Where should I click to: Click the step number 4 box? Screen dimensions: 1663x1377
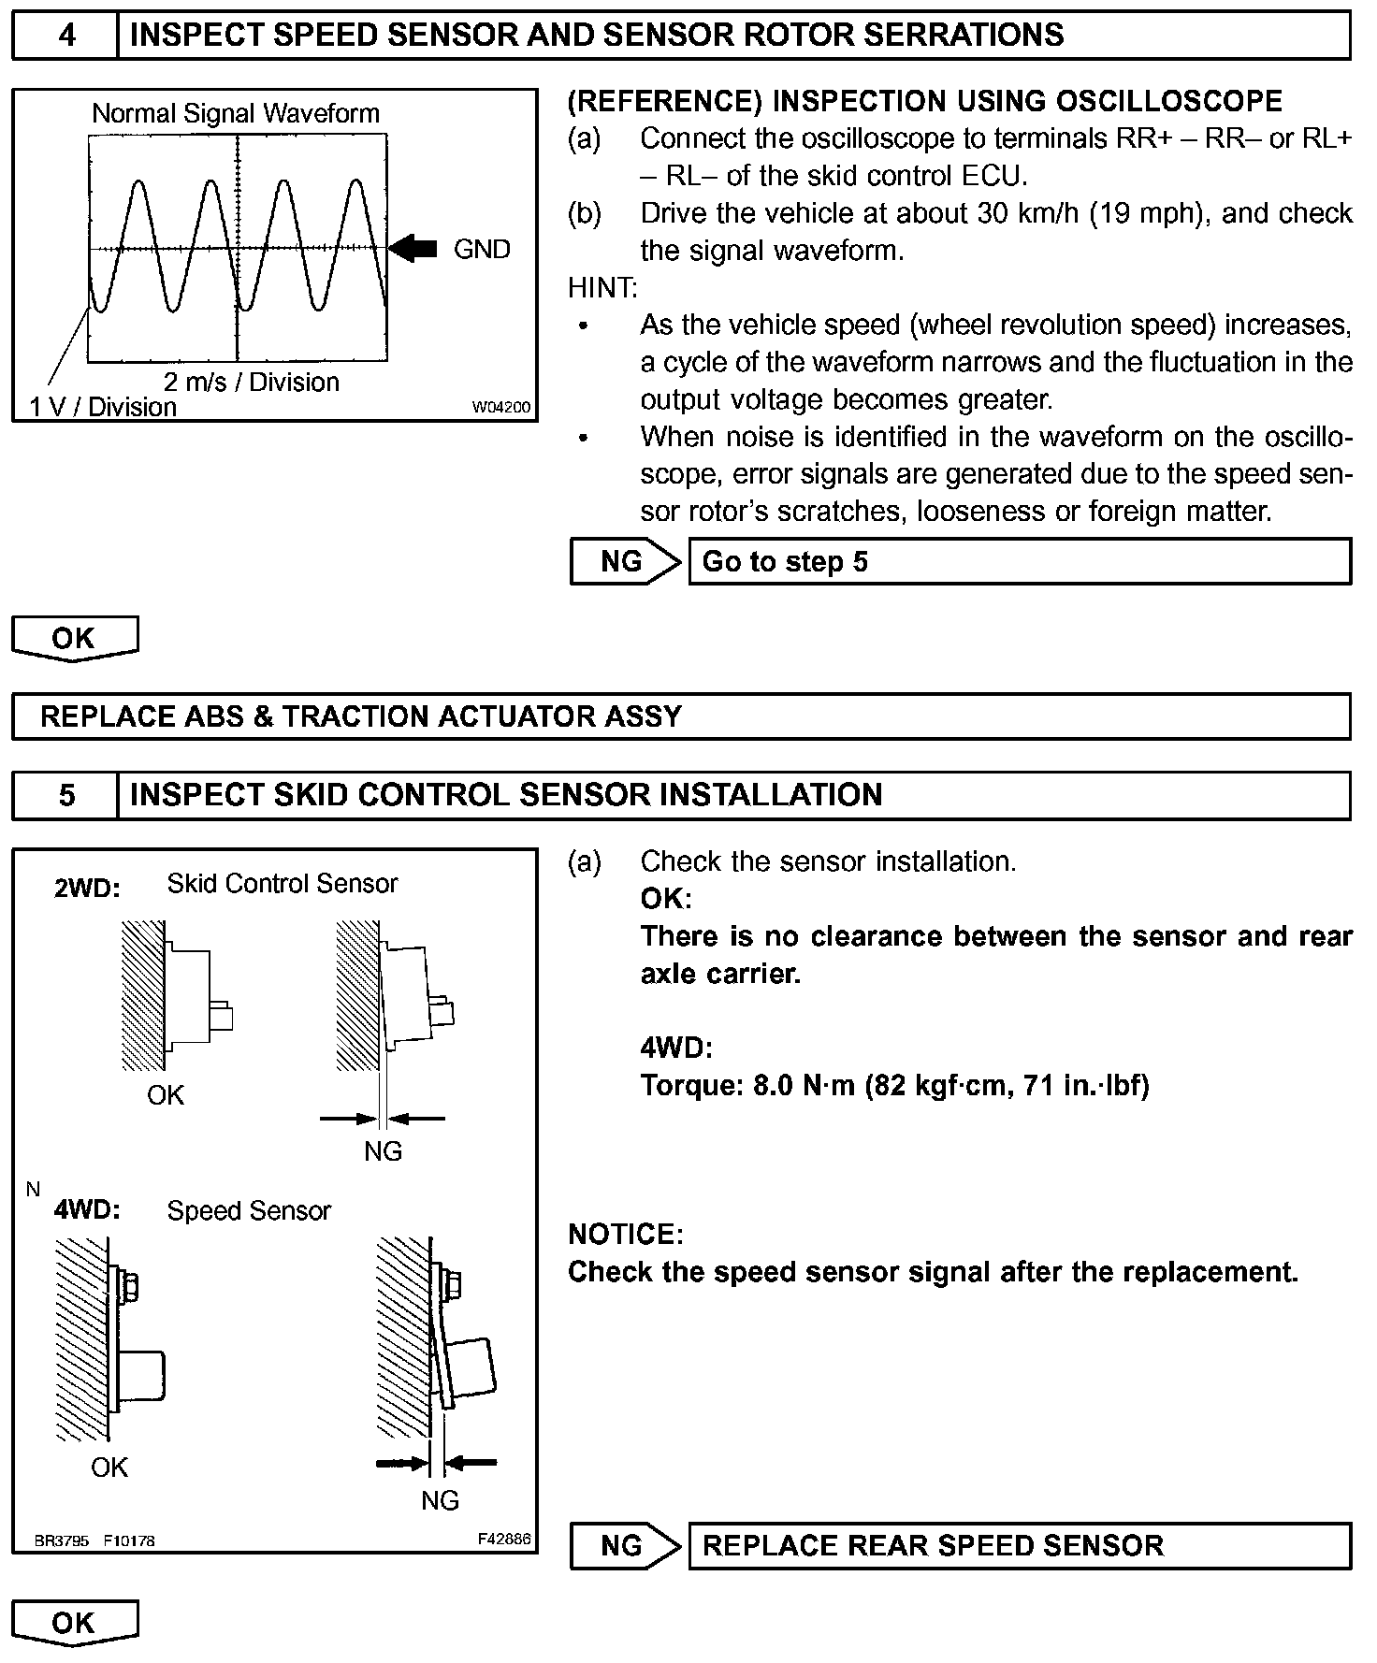pyautogui.click(x=65, y=36)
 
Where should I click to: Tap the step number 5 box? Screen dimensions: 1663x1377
pyautogui.click(x=65, y=795)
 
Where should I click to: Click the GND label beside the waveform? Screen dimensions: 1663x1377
pyautogui.click(x=482, y=250)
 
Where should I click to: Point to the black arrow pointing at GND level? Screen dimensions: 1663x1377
pyautogui.click(x=413, y=249)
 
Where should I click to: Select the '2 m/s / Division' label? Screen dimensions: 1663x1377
pyautogui.click(x=251, y=382)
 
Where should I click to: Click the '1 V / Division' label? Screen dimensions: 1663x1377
pyautogui.click(x=103, y=407)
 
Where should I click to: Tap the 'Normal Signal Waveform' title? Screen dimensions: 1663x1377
pyautogui.click(x=236, y=114)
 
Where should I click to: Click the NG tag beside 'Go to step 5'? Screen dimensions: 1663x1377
pyautogui.click(x=623, y=562)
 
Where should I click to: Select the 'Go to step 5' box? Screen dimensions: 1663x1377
pyautogui.click(x=1019, y=562)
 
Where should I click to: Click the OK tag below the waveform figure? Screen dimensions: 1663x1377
pyautogui.click(x=74, y=638)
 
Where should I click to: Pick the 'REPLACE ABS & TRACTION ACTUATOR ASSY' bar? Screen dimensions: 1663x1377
pyautogui.click(x=681, y=716)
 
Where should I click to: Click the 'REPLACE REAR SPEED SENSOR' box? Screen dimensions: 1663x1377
pyautogui.click(x=1019, y=1545)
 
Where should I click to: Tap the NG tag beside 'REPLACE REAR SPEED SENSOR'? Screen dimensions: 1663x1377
pyautogui.click(x=623, y=1545)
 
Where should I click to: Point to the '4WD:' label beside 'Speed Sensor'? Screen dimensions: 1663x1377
pyautogui.click(x=87, y=1210)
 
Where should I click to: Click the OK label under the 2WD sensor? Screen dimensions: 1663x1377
pyautogui.click(x=166, y=1095)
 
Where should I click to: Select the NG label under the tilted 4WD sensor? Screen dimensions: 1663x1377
pyautogui.click(x=440, y=1500)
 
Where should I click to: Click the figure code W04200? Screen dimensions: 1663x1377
pyautogui.click(x=500, y=408)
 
